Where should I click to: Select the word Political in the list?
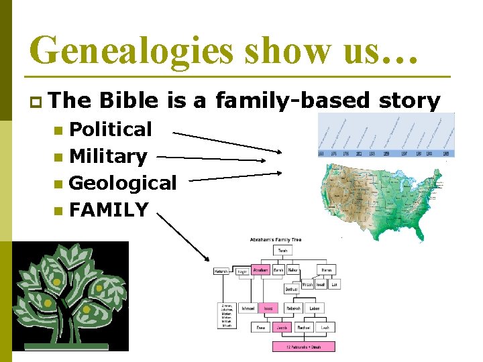[111, 129]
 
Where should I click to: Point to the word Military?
[108, 156]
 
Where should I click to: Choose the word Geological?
[123, 182]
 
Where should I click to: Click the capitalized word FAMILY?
[108, 210]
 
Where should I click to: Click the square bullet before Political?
[59, 129]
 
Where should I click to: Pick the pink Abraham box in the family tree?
[261, 269]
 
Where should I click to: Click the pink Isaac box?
[267, 308]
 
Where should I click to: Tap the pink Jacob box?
[282, 328]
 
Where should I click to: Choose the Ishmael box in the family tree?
[246, 308]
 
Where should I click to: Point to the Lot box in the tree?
[334, 284]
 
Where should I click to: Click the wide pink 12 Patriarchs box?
[303, 346]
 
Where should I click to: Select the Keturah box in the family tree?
[221, 271]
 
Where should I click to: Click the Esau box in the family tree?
[262, 328]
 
